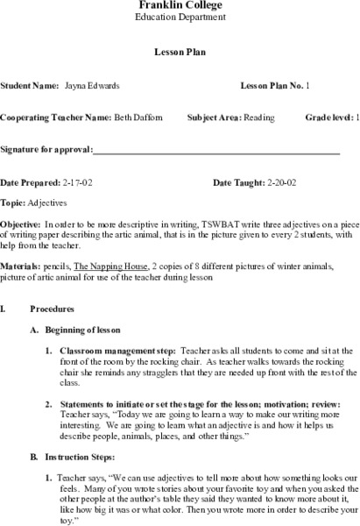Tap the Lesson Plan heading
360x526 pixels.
tap(180, 52)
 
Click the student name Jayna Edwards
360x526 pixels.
tap(93, 86)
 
